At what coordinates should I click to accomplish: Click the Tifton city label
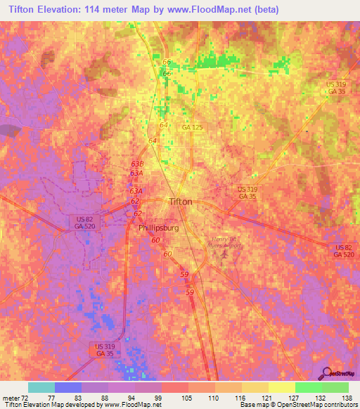coord(181,202)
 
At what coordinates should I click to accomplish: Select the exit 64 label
coord(163,124)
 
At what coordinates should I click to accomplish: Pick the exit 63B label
coord(137,164)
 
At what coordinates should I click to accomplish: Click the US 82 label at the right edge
coord(343,248)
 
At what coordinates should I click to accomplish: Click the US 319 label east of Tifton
coord(247,190)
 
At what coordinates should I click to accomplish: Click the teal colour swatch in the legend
coord(41,387)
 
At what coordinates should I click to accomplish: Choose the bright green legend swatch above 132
coord(308,387)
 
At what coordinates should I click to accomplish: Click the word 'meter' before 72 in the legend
coord(13,397)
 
